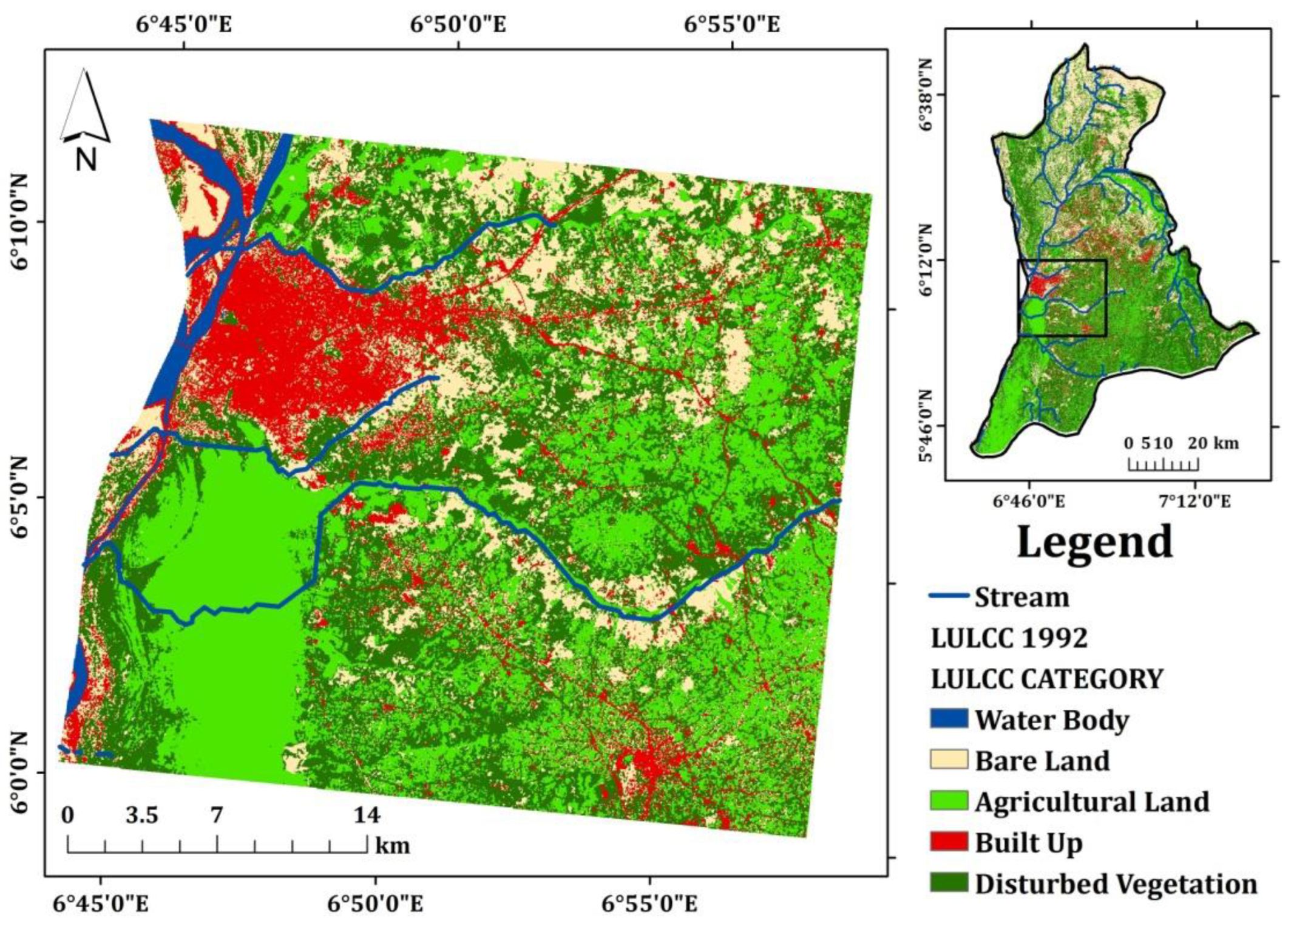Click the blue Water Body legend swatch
pos(949,718)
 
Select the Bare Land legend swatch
pos(949,759)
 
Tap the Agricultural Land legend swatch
pos(949,800)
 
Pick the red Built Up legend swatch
pos(949,842)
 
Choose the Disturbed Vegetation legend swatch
pos(949,882)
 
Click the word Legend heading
pos(1094,542)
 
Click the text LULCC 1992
pos(1009,638)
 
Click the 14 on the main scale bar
pos(367,815)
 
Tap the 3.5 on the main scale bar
pos(142,815)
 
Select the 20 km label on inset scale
pos(1213,443)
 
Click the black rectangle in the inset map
pos(1062,260)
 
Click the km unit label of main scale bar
pos(392,845)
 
